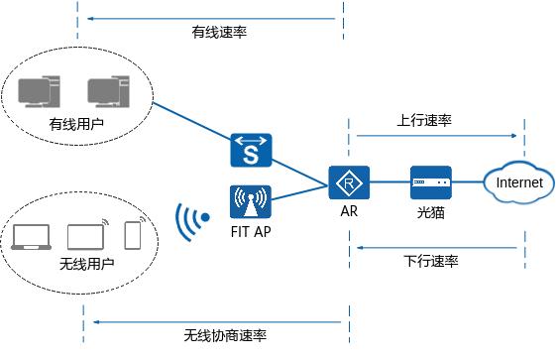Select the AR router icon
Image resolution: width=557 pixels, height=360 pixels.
click(x=348, y=183)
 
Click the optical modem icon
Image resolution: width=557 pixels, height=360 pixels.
click(x=431, y=183)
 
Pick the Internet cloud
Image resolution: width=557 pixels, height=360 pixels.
click(x=518, y=183)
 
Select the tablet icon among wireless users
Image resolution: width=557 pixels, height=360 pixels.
click(x=84, y=236)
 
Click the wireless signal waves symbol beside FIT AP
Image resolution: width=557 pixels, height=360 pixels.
click(x=190, y=217)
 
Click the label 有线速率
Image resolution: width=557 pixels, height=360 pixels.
click(x=219, y=32)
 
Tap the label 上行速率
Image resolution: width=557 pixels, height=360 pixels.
click(x=423, y=120)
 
